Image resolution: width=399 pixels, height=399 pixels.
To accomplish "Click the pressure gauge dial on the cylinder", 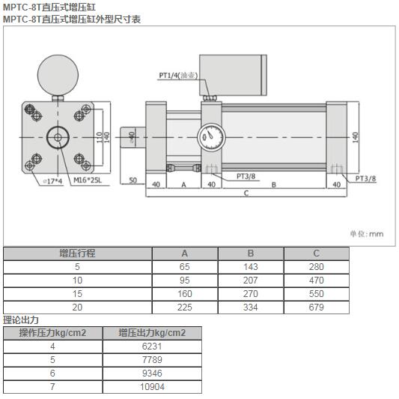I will (209, 138).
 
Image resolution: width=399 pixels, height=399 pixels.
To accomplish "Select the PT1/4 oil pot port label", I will (176, 75).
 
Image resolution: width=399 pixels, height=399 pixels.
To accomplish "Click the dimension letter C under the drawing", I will (246, 193).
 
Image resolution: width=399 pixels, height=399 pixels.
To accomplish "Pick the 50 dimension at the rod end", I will (133, 181).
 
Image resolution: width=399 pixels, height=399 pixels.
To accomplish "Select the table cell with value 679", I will (316, 307).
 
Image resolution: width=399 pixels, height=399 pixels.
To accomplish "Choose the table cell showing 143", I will (250, 267).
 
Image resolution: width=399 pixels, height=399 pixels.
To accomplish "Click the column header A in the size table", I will (184, 253).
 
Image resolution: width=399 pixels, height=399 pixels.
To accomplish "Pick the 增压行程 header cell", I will (77, 253).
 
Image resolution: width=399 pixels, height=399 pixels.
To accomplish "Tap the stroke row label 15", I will (77, 294).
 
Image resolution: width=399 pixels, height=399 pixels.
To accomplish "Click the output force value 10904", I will (151, 386).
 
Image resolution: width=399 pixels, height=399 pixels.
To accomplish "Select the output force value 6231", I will (151, 346).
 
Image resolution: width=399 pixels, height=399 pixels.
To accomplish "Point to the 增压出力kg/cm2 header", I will (151, 332).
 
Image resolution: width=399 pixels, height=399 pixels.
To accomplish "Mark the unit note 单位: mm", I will (366, 233).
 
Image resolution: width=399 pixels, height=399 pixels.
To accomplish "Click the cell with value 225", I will (184, 307).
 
